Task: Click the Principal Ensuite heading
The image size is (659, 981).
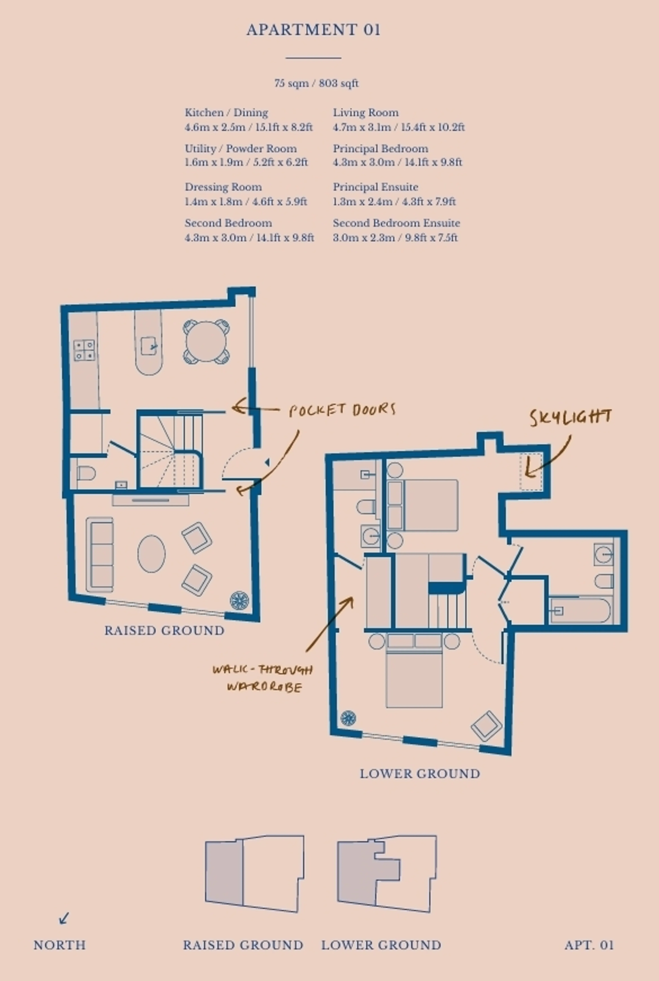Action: click(375, 187)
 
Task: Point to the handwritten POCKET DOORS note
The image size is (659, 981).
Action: click(342, 410)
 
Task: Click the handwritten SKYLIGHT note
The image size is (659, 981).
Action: click(570, 417)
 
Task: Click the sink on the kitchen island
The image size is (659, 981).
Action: click(148, 346)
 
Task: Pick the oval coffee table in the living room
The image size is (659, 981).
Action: click(151, 554)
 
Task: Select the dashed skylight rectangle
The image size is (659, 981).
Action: click(531, 472)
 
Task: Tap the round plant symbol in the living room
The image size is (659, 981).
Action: click(239, 600)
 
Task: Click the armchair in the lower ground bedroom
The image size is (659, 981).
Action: click(486, 726)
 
